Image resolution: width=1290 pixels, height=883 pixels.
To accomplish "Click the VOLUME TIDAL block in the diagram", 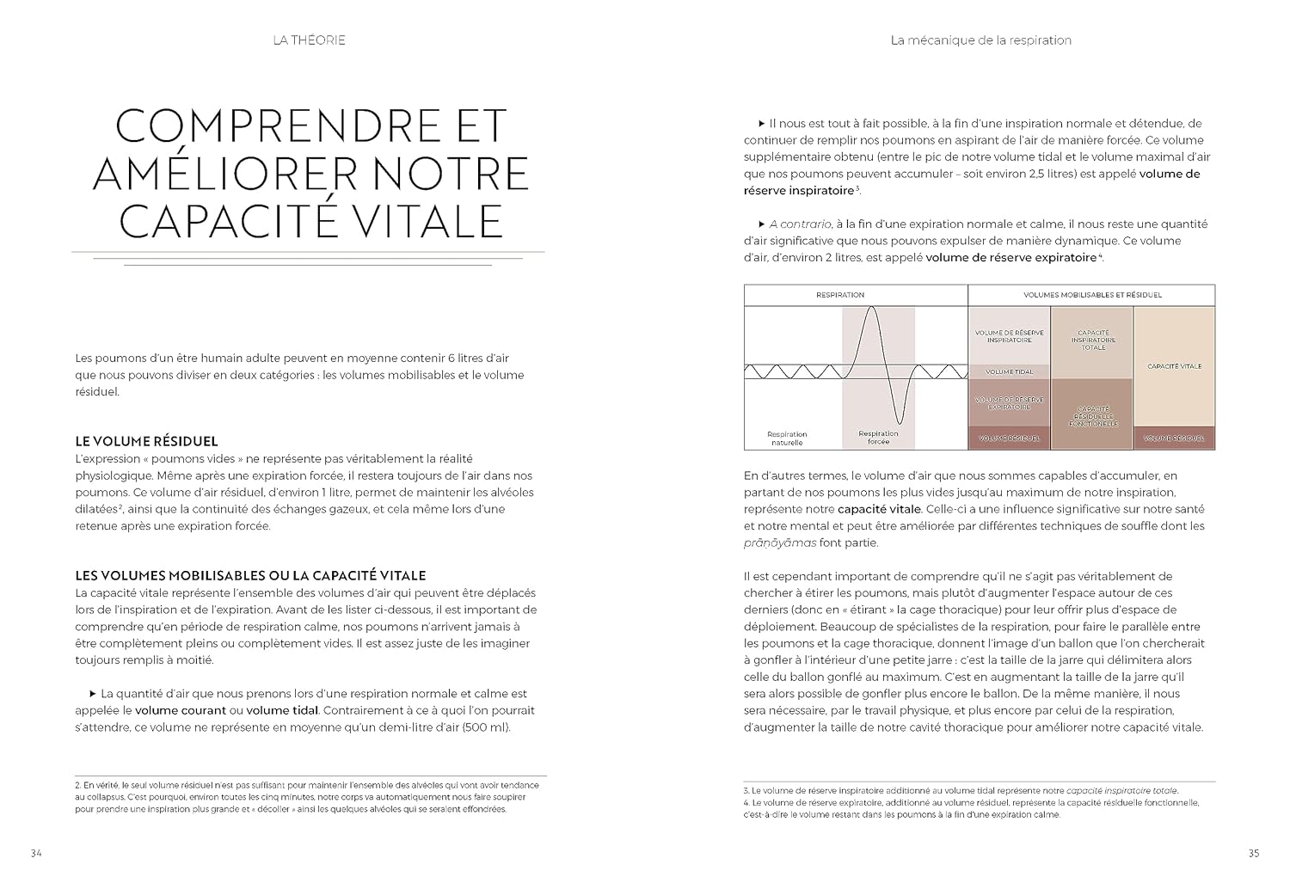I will click(x=1010, y=372).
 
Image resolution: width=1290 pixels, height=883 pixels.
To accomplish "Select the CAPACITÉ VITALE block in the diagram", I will click(x=1174, y=366).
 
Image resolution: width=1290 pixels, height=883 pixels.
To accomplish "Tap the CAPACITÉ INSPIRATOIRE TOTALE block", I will click(x=1092, y=340).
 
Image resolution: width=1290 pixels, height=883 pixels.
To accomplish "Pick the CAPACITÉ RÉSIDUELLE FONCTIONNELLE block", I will click(x=1092, y=417).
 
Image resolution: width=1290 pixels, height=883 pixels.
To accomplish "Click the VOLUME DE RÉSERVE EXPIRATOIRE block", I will click(x=1010, y=402).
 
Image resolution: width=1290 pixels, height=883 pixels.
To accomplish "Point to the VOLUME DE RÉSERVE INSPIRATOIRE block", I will click(x=1010, y=336).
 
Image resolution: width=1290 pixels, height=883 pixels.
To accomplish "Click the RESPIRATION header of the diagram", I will click(x=839, y=295).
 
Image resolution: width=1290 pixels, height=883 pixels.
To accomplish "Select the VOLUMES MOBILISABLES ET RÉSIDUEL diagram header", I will click(x=1091, y=295).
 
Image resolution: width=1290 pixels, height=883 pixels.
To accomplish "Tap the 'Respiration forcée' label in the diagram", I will click(x=878, y=438).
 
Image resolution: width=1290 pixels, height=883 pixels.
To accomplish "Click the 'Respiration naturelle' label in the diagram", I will click(x=787, y=438).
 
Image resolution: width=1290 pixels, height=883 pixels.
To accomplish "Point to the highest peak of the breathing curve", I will click(x=873, y=307).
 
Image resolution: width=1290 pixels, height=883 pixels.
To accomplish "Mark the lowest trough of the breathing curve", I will click(x=898, y=422).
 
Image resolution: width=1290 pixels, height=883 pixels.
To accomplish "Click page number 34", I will click(x=36, y=853).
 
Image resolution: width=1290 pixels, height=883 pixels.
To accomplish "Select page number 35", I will click(x=1253, y=853).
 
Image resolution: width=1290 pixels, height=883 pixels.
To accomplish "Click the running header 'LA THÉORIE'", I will click(x=308, y=40).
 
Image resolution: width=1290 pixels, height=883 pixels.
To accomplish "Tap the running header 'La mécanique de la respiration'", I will click(x=980, y=40).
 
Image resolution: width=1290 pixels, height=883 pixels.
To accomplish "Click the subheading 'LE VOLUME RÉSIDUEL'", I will click(x=147, y=442).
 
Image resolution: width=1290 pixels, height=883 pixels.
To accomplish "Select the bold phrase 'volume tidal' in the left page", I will click(x=282, y=710).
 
